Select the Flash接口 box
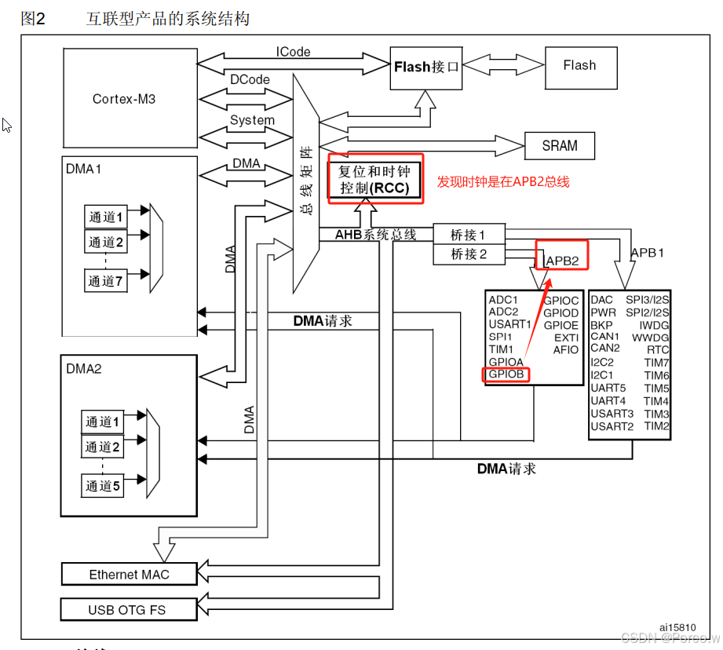point(425,68)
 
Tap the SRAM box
point(559,146)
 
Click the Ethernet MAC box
point(129,575)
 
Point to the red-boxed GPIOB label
point(506,374)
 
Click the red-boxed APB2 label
point(562,260)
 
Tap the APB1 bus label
point(648,253)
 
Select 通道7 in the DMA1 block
point(106,280)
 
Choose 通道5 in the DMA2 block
point(104,486)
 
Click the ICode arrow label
point(293,52)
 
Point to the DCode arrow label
point(250,79)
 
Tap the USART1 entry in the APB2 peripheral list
point(509,324)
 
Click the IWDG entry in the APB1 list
point(653,324)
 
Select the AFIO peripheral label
point(565,349)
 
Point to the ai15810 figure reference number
point(677,627)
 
